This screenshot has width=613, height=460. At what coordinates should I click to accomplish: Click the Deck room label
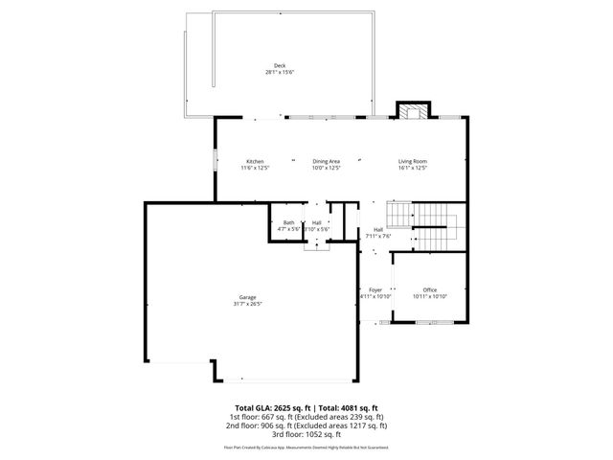tap(280, 66)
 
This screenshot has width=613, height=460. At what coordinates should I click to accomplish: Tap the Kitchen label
tap(255, 161)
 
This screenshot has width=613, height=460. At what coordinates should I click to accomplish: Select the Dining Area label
tap(327, 161)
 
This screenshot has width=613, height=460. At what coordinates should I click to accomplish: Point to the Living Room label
tap(413, 161)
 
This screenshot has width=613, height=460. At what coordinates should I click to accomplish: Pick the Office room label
tap(430, 289)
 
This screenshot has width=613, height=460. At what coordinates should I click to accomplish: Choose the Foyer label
tap(375, 289)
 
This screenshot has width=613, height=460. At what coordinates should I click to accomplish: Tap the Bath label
tap(288, 222)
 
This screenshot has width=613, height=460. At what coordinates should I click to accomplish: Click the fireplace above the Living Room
tap(415, 110)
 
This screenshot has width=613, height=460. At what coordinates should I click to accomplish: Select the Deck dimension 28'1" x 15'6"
tap(280, 73)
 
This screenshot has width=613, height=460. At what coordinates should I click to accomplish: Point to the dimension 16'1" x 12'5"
tap(413, 168)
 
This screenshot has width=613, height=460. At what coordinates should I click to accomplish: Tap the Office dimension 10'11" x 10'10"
tap(430, 296)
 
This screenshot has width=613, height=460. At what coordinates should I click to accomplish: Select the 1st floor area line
tap(306, 417)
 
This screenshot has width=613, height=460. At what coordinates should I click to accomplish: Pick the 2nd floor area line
tap(306, 425)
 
